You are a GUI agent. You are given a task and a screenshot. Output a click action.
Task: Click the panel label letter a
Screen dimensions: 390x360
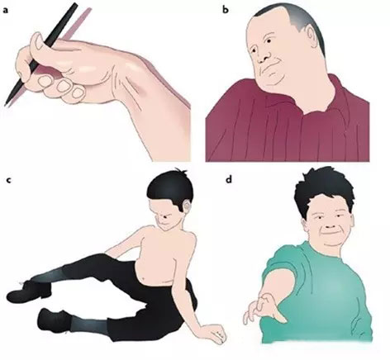6,11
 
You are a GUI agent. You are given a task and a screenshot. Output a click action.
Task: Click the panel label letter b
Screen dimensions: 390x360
226,10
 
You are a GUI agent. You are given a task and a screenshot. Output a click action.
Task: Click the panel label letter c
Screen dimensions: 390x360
9,180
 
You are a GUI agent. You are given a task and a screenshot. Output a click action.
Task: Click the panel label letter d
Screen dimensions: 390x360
228,179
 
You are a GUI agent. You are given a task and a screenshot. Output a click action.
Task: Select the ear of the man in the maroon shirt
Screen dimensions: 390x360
312,36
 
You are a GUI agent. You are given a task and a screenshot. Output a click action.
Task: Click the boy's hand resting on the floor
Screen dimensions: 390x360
217,333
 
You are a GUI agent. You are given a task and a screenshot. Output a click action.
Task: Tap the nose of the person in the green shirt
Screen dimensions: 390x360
330,226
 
